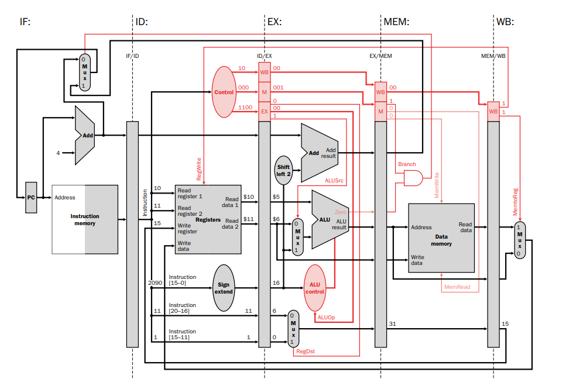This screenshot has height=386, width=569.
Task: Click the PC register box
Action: (31, 198)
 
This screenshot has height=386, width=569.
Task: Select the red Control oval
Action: (224, 92)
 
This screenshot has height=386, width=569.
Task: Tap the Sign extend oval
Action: (224, 288)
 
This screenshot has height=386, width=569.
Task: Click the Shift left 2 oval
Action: (283, 170)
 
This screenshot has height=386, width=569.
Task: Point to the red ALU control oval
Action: (314, 288)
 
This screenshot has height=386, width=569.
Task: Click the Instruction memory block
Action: (85, 220)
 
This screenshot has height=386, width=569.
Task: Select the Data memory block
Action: (441, 238)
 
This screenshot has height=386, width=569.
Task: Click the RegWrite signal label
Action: (199, 169)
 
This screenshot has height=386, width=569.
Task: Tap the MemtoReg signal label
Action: (515, 202)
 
